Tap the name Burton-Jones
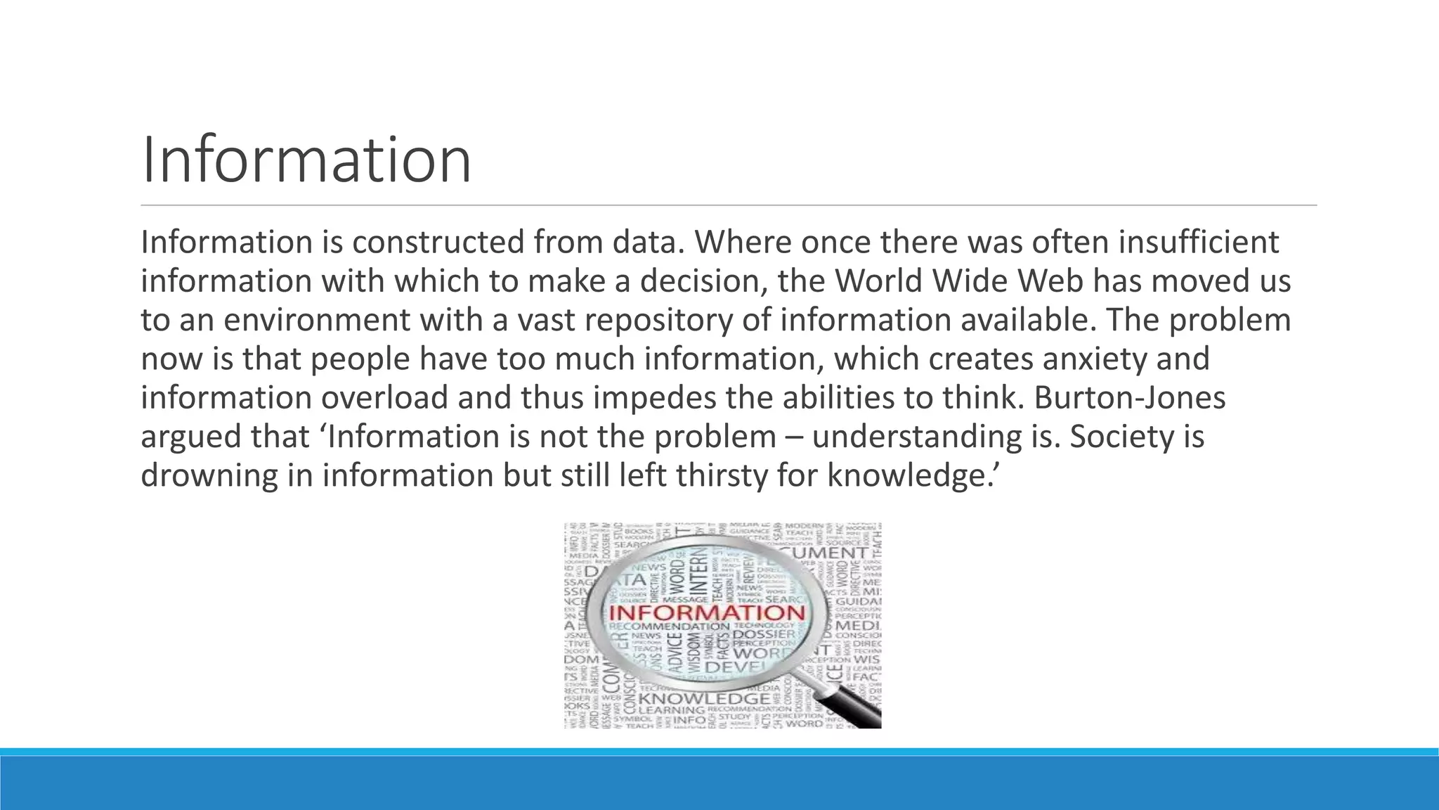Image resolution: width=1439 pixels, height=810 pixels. (1130, 398)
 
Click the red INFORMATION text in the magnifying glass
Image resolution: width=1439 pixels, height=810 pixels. (706, 611)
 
